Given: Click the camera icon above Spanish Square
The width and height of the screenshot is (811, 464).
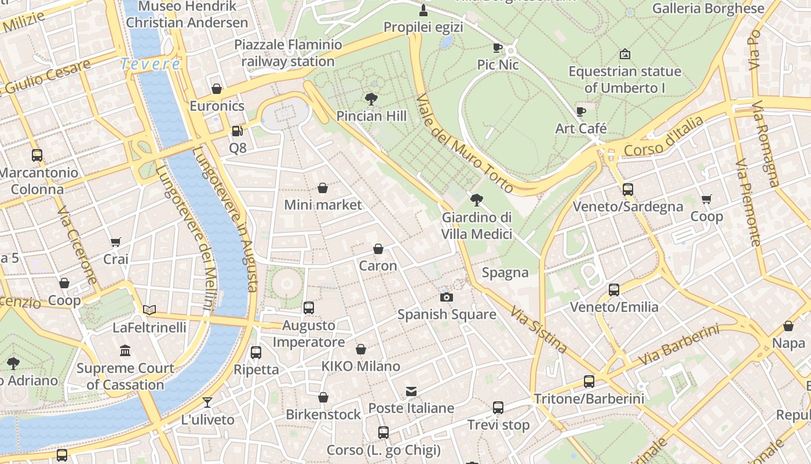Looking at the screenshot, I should pos(446,297).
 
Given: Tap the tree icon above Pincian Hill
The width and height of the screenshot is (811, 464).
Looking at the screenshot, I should pos(371,99).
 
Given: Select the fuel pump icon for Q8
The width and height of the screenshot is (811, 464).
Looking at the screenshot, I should pos(237,131).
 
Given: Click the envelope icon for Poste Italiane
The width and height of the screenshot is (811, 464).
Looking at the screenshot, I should pos(411,391).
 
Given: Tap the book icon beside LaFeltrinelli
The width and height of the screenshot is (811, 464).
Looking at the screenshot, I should pos(149,310).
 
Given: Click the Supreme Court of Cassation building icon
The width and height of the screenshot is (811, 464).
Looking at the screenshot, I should pos(125,351).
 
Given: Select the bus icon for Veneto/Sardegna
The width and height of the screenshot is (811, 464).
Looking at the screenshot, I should pos(627,190).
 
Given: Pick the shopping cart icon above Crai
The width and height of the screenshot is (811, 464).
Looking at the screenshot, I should pos(116,242).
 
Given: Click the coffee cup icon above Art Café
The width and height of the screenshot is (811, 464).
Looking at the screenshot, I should pos(581,111).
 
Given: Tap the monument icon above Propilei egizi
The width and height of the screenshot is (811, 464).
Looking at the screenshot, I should pos(423,10).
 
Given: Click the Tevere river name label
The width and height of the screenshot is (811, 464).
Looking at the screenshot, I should pos(150,64).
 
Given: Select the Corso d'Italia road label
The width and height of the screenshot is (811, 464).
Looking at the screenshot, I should pos(664,137).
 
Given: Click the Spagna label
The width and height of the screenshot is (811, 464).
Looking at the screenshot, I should pos(505,273).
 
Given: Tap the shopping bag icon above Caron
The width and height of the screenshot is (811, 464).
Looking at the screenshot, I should pos(378,249).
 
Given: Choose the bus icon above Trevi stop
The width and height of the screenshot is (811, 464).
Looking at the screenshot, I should pos(498,408).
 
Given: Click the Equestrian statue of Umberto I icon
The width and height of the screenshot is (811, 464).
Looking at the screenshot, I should pos(624,55).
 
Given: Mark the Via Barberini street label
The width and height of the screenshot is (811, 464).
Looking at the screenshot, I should pos(678,346).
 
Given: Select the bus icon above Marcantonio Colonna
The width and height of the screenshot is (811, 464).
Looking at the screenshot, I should pos(37,155).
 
